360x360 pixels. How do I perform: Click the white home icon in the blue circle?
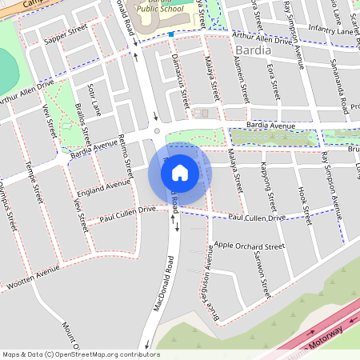coord(180,172)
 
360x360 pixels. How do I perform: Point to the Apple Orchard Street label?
coord(250,246)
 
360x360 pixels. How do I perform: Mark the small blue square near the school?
coord(170,34)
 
